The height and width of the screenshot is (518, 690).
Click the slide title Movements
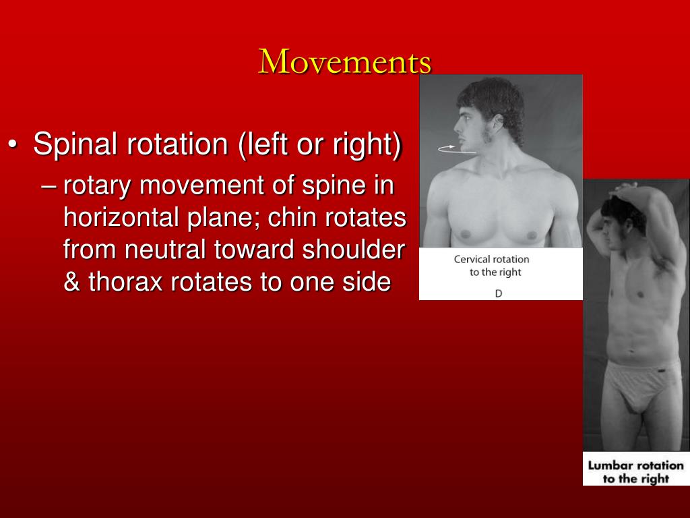[345, 62]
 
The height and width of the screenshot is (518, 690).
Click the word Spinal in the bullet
[74, 144]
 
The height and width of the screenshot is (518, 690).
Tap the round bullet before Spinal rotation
[14, 146]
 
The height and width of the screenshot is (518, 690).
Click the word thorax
[127, 282]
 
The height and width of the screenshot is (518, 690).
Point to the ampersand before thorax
[71, 282]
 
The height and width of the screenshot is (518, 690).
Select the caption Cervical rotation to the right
[491, 266]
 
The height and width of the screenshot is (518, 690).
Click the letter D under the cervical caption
[498, 293]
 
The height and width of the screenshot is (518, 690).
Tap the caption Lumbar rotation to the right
[635, 471]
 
